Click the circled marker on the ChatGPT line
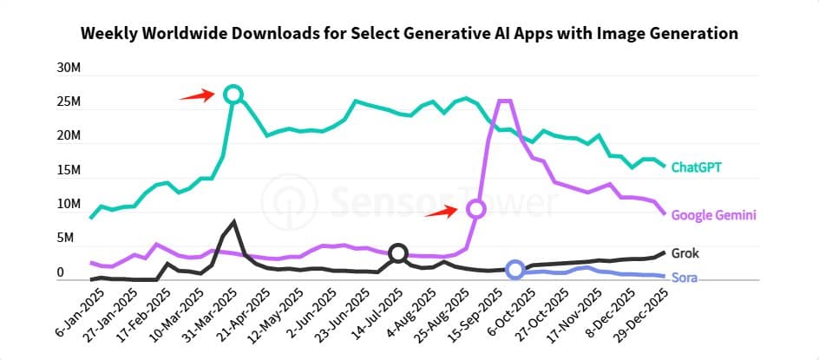coord(233,94)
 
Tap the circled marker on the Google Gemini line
coord(475,209)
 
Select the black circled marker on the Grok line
coord(397,253)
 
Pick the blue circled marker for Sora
coord(515,270)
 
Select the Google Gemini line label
coord(714,215)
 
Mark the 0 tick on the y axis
coord(61,273)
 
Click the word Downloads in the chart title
coord(278,34)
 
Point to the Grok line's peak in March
coord(233,221)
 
